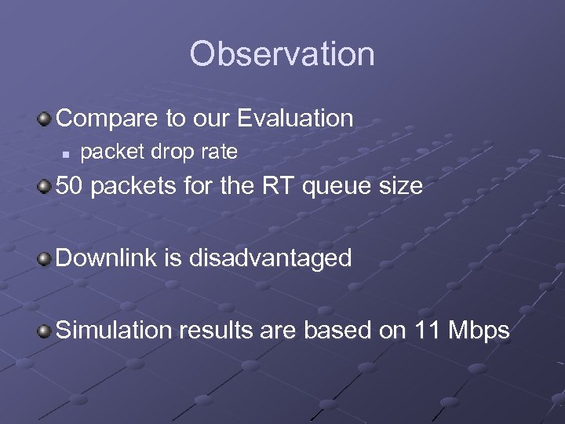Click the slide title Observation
point(282,54)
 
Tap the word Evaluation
point(296,119)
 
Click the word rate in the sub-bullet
point(219,152)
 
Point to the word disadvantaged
point(268,259)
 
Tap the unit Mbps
point(479,331)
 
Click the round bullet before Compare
point(46,119)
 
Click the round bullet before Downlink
point(46,258)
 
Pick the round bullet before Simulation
point(46,331)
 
